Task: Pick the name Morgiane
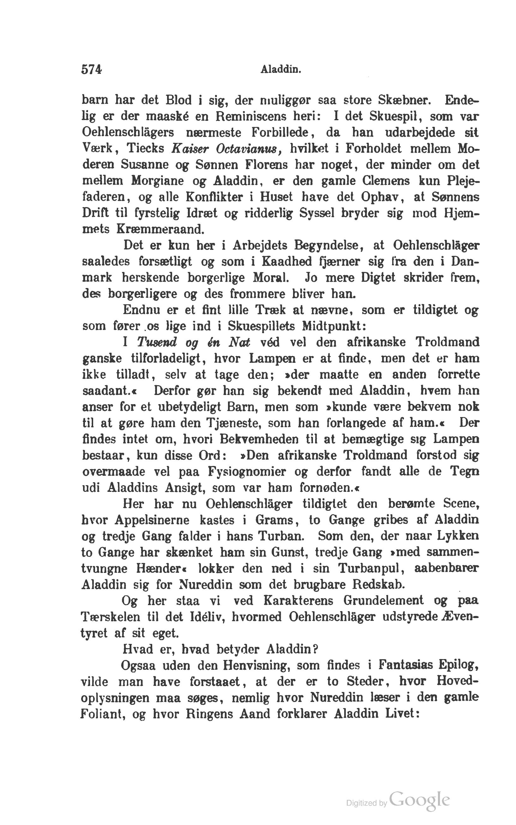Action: tap(158, 181)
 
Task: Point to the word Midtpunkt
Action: tap(334, 326)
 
